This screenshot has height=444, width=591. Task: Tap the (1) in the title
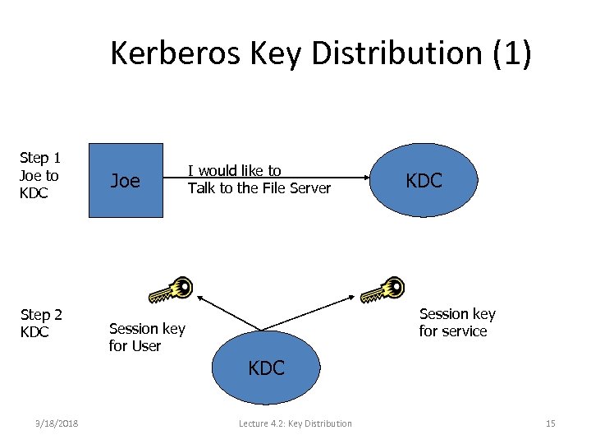511,53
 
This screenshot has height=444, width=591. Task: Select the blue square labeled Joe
125,181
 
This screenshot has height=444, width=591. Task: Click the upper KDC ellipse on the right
424,181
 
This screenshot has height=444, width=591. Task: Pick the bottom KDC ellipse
267,368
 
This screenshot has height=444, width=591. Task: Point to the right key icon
383,289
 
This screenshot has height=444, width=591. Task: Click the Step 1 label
39,175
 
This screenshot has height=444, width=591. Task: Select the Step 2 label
41,323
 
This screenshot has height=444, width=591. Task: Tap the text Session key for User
147,337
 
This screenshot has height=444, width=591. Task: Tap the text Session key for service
457,322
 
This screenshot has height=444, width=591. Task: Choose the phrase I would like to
235,171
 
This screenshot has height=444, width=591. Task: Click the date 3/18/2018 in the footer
57,423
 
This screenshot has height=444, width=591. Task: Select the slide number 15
550,423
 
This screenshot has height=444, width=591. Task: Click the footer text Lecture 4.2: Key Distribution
295,423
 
